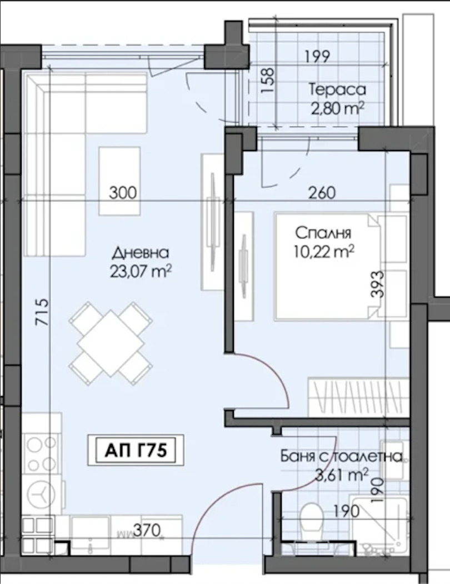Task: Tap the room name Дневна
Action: click(141, 253)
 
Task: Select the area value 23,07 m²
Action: click(141, 271)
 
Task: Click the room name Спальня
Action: click(323, 233)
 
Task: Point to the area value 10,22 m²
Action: click(324, 252)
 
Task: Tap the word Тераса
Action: click(338, 89)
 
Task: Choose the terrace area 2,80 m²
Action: click(337, 108)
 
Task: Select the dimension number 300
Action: click(123, 193)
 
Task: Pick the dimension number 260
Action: click(322, 193)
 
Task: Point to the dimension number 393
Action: click(377, 284)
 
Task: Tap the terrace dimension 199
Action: click(317, 57)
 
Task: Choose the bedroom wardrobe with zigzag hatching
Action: click(358, 397)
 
